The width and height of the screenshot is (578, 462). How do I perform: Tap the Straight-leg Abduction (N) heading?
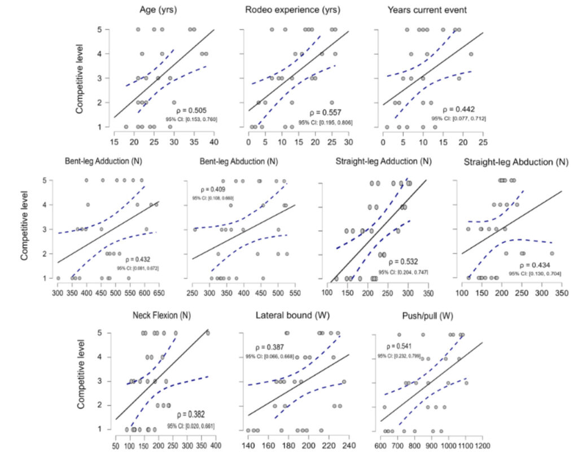tap(515, 162)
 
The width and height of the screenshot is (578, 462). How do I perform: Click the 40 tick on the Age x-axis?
tap(214, 141)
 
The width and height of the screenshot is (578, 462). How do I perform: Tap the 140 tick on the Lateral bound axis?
tap(248, 446)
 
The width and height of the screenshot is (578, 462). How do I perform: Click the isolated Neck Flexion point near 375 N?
tap(208, 333)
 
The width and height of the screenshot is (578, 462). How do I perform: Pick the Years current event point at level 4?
tap(471, 54)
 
